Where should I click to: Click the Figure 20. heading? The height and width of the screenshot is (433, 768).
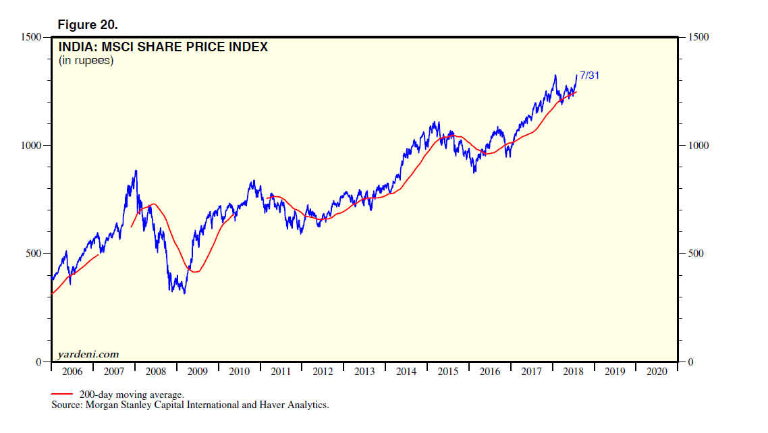pos(88,25)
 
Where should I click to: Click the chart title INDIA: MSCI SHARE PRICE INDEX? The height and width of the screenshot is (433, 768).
pos(163,47)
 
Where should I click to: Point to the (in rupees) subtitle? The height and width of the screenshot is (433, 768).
pos(85,61)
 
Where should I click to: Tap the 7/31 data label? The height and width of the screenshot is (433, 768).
pos(589,76)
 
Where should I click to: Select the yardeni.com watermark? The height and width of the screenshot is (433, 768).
pos(88,353)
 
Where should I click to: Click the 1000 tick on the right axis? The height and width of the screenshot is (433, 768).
pos(698,146)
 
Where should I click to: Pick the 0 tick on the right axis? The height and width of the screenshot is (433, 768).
pos(690,362)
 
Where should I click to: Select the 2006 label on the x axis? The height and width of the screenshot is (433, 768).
pos(72,372)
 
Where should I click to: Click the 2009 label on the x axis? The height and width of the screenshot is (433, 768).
pos(197,372)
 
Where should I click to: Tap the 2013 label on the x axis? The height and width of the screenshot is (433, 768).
pos(364,372)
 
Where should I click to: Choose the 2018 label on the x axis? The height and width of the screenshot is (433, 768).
pos(573,372)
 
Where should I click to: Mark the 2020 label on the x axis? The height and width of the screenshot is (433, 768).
pos(657,372)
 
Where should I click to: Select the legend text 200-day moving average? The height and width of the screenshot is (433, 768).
pos(132,395)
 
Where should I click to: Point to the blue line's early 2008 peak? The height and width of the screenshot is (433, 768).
pos(136,171)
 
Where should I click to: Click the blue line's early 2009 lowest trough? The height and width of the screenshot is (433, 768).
pos(184,293)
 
